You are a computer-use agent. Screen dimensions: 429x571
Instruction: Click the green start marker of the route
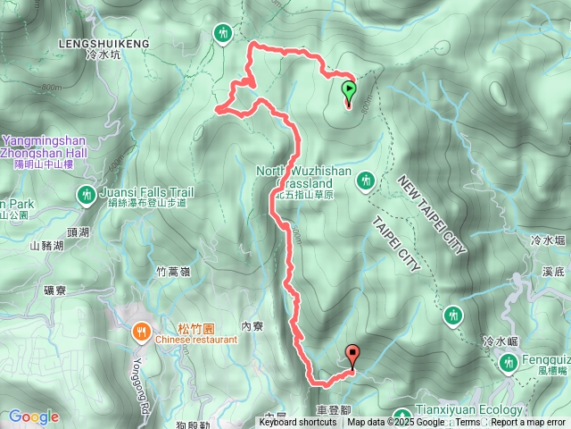(348, 89)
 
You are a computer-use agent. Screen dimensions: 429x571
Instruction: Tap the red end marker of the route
(352, 355)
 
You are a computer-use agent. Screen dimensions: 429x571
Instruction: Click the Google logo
(33, 416)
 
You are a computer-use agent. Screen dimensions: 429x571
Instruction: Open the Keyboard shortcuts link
(298, 423)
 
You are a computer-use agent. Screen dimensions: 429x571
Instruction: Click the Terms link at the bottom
(468, 423)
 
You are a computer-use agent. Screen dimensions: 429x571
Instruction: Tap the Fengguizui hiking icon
(509, 363)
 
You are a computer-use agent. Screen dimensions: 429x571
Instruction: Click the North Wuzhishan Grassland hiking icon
(364, 182)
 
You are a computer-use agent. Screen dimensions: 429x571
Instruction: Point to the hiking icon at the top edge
(223, 33)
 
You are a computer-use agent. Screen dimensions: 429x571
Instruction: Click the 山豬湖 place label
(46, 246)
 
